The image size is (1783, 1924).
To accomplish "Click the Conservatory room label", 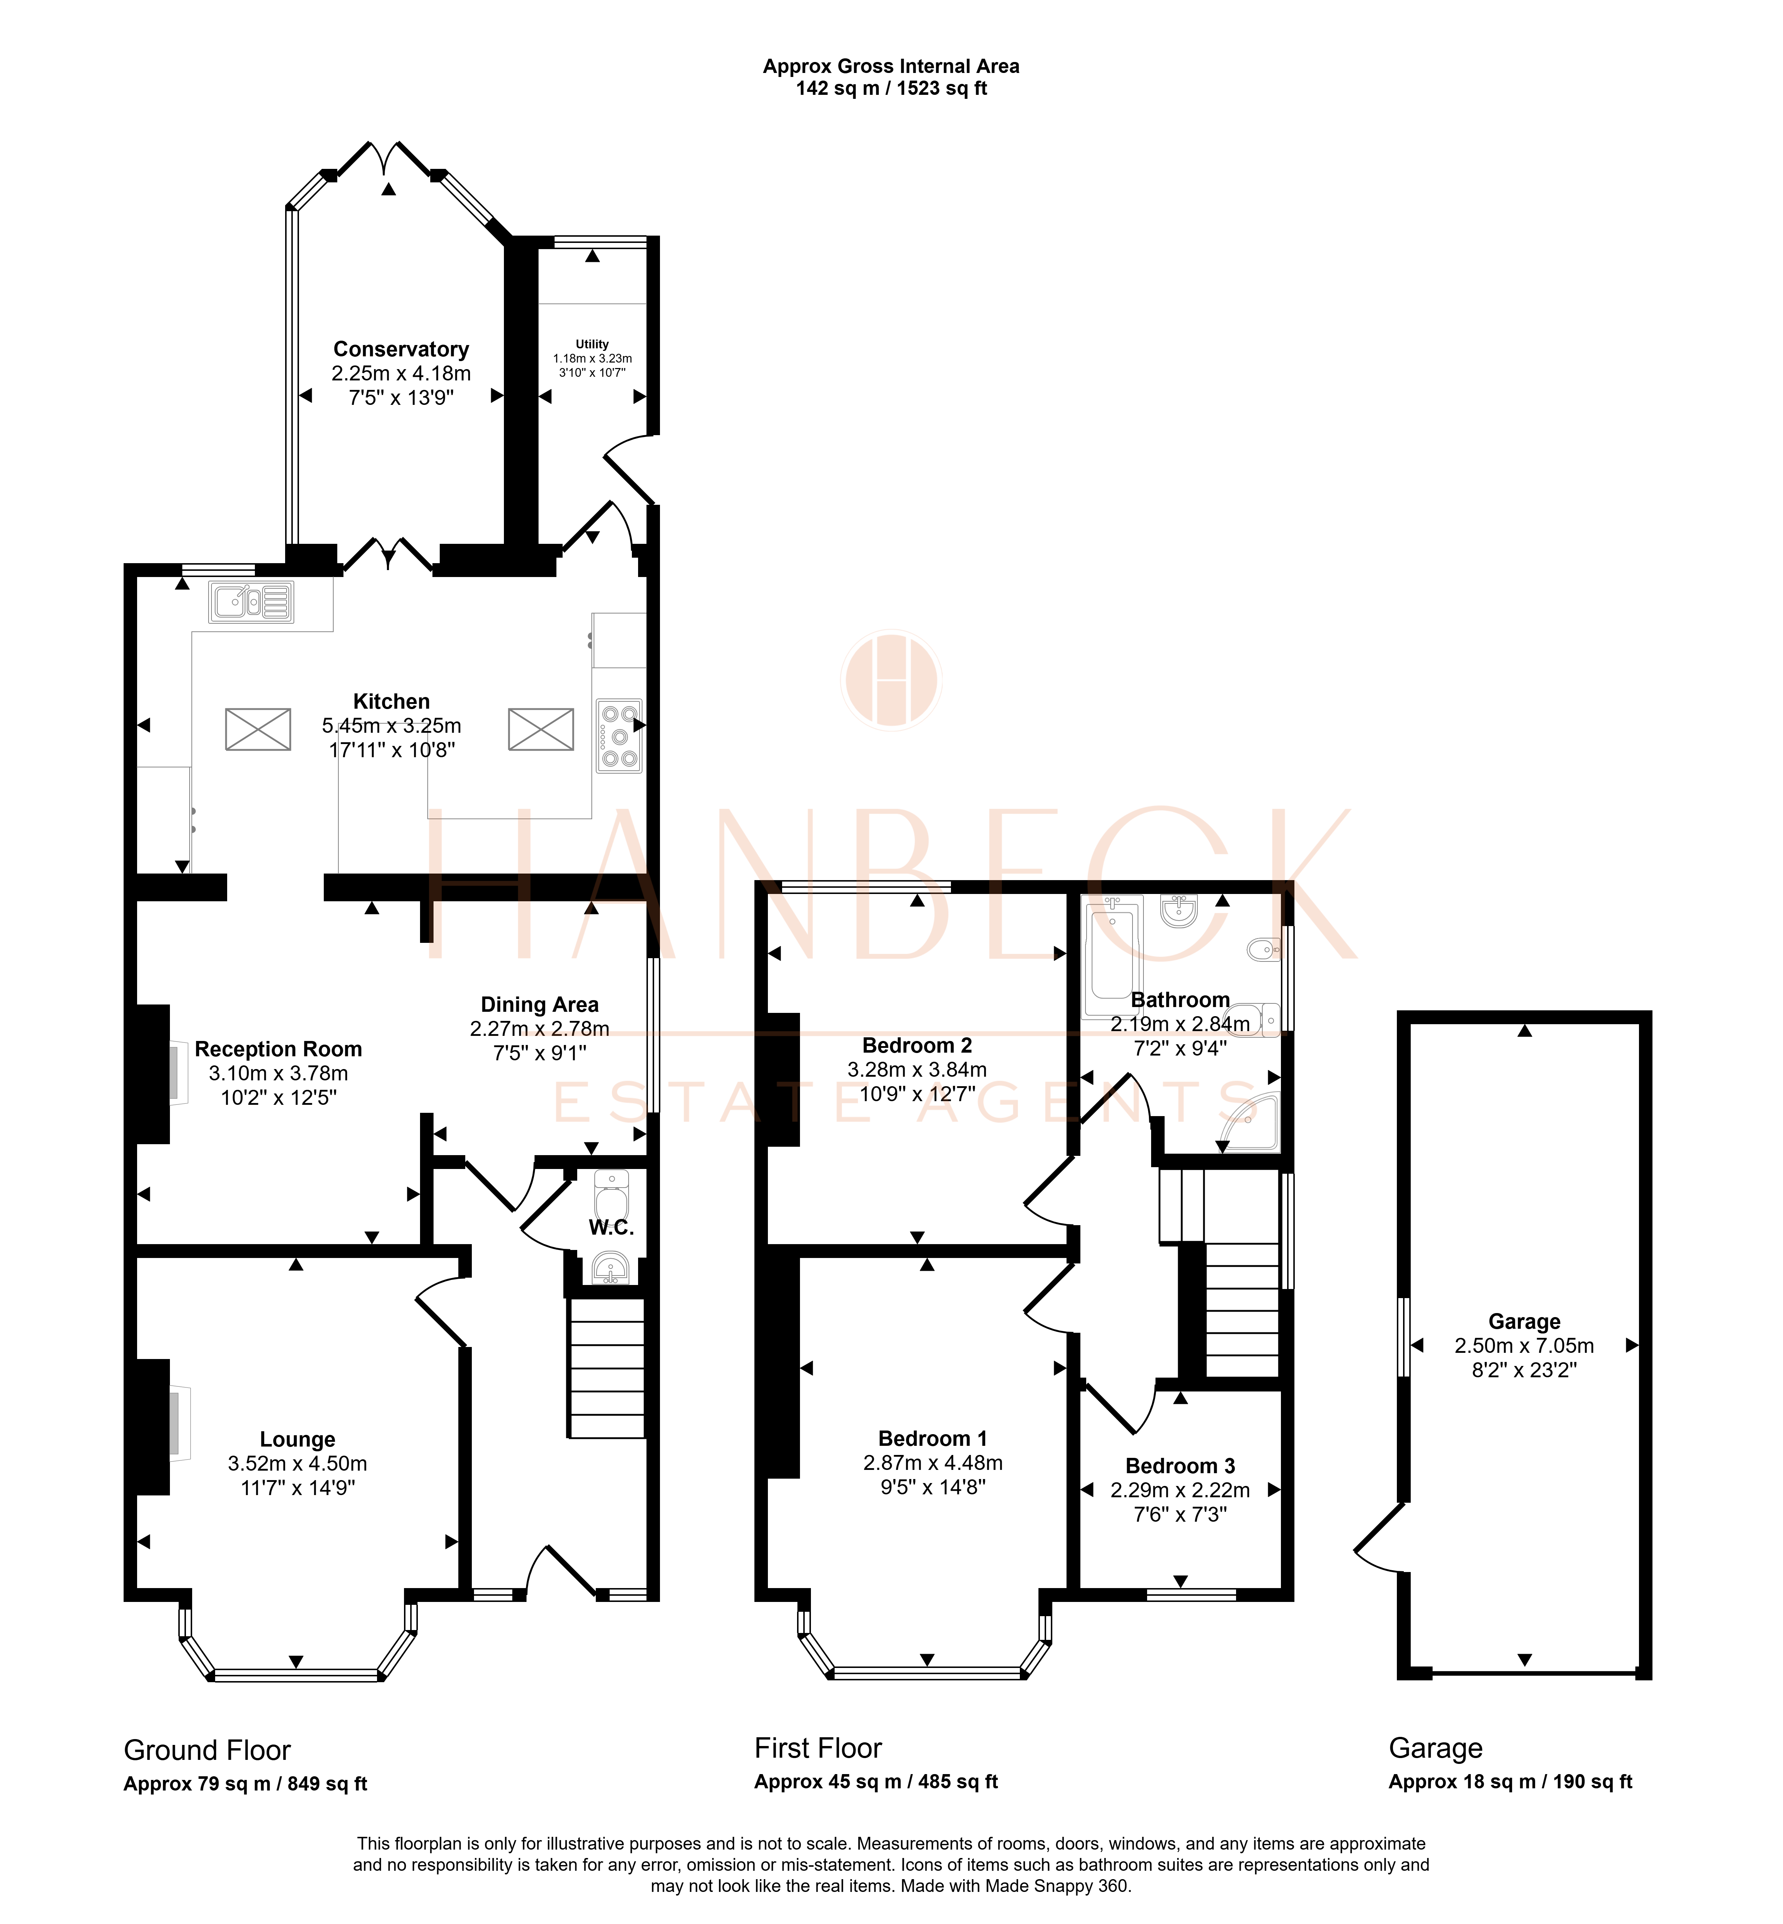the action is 401,349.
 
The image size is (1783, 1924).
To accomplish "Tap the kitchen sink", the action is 251,602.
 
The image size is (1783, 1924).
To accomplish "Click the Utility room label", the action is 593,344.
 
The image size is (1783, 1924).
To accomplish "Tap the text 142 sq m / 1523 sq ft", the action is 891,89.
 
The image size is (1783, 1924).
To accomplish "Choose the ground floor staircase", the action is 607,1368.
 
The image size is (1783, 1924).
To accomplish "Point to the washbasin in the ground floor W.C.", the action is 611,1268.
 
